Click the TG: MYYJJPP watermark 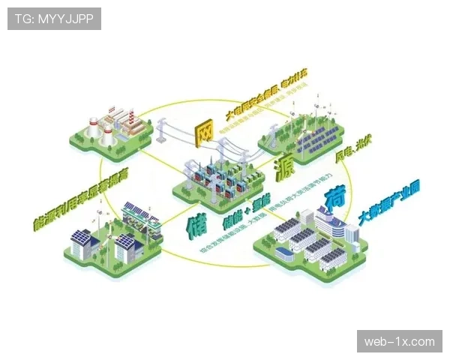coord(54,19)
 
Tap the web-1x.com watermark coord(399,342)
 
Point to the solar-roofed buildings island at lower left coord(112,236)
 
